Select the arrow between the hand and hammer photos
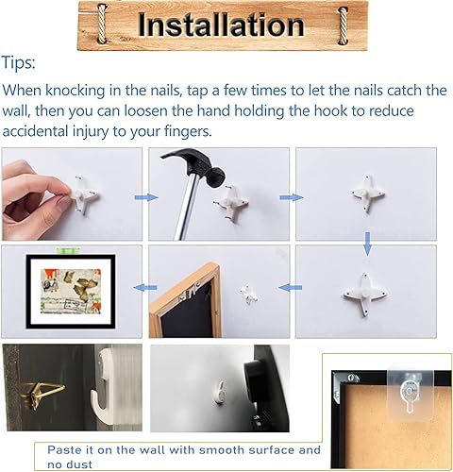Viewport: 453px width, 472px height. (143, 197)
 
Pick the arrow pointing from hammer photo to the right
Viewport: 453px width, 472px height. (291, 197)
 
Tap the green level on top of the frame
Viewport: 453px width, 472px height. (71, 249)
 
